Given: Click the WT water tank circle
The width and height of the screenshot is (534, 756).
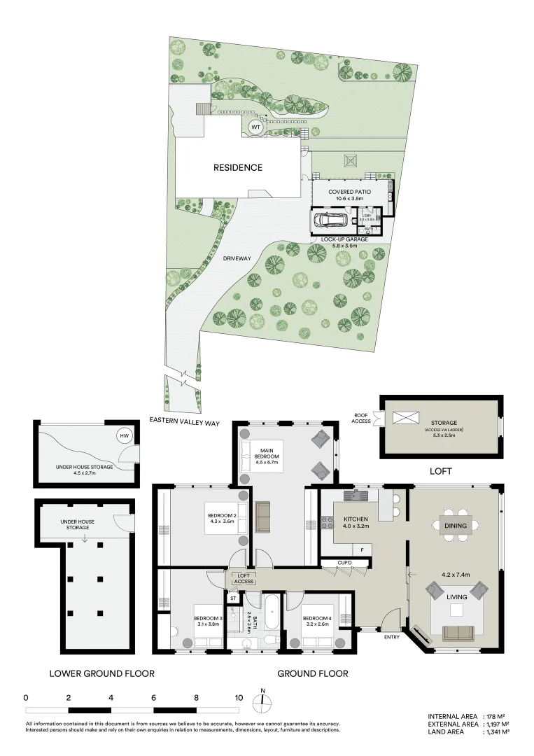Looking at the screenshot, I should point(256,128).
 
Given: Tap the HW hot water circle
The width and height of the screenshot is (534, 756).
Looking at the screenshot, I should point(125,436).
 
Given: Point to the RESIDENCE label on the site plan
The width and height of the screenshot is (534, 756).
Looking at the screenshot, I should point(238,167).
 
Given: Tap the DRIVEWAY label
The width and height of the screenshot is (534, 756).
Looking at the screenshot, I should point(237,258).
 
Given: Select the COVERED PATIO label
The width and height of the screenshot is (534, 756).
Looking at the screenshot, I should point(349,192).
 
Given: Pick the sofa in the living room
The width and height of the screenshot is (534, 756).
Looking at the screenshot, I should point(458,633).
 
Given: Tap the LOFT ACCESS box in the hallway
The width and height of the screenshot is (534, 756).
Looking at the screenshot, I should point(244,578).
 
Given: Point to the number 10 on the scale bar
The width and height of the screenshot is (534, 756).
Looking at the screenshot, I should point(239,698).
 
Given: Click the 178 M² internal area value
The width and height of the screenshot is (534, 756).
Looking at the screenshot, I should point(498,716).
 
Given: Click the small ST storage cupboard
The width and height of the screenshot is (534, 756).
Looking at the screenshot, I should point(233,598).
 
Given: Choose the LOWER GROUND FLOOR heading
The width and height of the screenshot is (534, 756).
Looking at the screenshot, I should point(101,673).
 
